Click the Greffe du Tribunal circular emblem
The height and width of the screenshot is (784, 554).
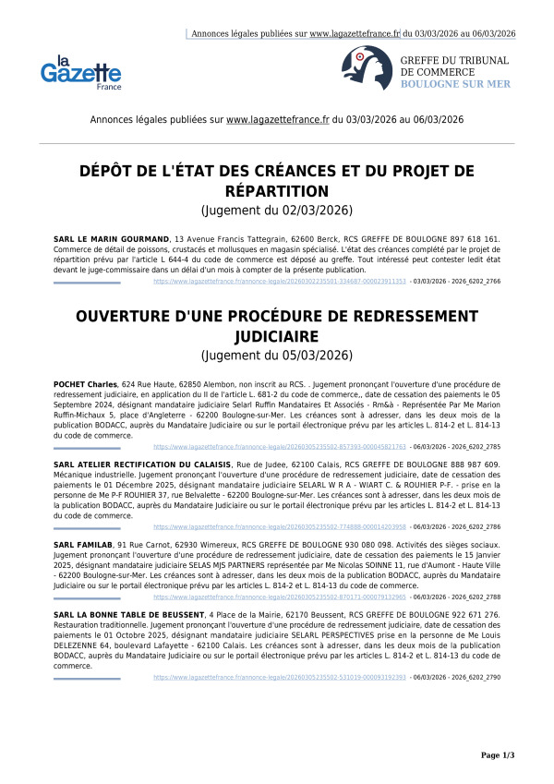(x=360, y=66)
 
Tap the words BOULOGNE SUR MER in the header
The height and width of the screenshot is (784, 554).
(x=455, y=84)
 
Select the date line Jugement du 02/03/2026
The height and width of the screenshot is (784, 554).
(x=277, y=211)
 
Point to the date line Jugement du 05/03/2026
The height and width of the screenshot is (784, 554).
(x=277, y=355)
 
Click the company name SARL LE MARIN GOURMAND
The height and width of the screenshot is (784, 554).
(x=112, y=238)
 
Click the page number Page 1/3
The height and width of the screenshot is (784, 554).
(x=498, y=755)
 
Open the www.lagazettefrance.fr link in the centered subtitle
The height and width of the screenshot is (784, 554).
(x=277, y=120)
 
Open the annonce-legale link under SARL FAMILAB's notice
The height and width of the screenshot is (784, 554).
(x=279, y=597)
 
